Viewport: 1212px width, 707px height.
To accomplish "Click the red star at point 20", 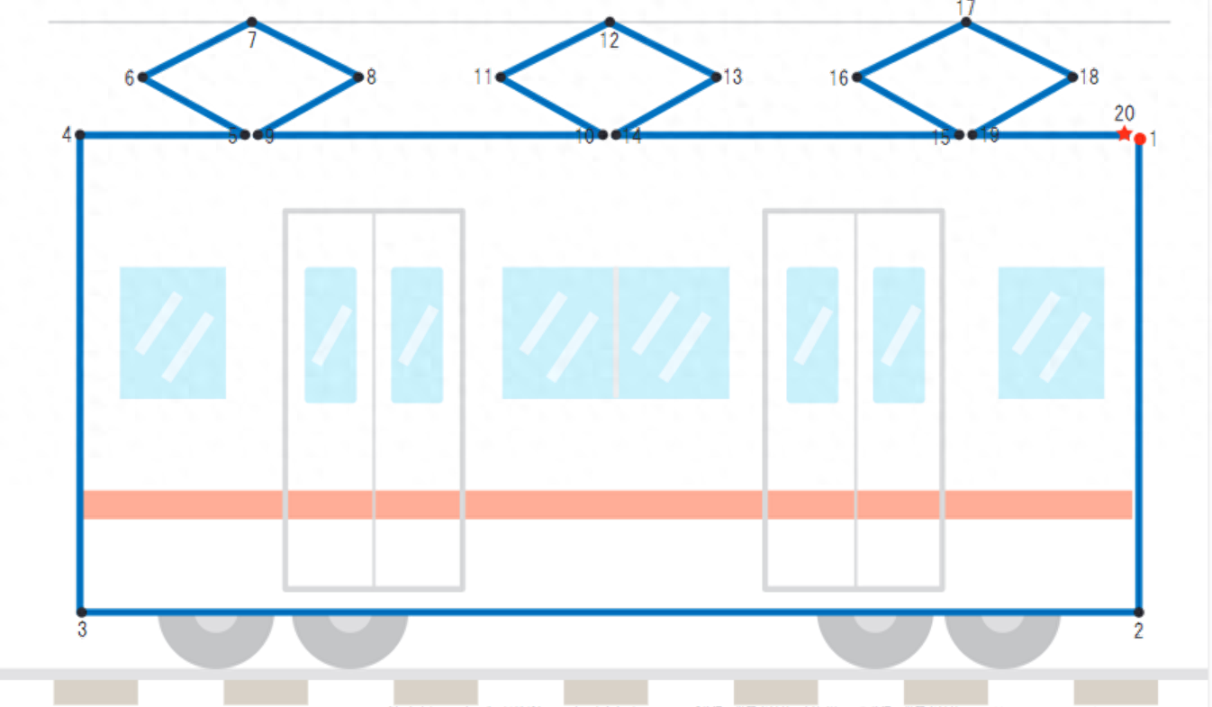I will pyautogui.click(x=1124, y=134).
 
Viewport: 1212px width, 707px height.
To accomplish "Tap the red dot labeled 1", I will pyautogui.click(x=1140, y=139).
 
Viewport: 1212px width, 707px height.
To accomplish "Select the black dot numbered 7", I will pyautogui.click(x=251, y=22).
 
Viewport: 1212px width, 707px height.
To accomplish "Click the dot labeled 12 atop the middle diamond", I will pyautogui.click(x=610, y=22).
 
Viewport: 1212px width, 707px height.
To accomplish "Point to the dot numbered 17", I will pyautogui.click(x=965, y=22).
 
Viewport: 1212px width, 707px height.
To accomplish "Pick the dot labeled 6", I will pyautogui.click(x=142, y=77).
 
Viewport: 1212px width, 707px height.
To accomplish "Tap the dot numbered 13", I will pyautogui.click(x=716, y=77).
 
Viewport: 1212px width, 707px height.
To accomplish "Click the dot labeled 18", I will pyautogui.click(x=1072, y=77).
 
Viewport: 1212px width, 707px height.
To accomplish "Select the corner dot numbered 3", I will pyautogui.click(x=81, y=612).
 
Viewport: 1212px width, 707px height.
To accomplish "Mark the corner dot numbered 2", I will pyautogui.click(x=1139, y=612).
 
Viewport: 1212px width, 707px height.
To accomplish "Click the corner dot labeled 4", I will pyautogui.click(x=80, y=135).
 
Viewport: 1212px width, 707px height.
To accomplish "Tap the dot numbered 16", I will pyautogui.click(x=856, y=77).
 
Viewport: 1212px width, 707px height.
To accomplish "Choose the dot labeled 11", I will pyautogui.click(x=500, y=77).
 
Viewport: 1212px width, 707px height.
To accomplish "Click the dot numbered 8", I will pyautogui.click(x=358, y=77).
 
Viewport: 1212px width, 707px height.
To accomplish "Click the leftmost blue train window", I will pyautogui.click(x=172, y=332).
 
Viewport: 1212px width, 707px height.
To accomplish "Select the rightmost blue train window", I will pyautogui.click(x=1051, y=332).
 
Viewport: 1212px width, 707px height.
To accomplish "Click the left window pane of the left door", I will pyautogui.click(x=330, y=334).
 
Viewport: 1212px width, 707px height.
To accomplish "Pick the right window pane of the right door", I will pyautogui.click(x=899, y=334).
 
